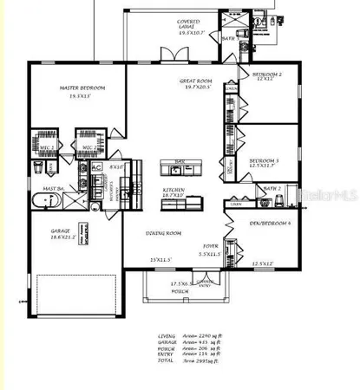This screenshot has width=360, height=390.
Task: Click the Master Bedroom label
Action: pos(82,88)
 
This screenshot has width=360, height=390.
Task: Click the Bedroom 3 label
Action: pos(264,160)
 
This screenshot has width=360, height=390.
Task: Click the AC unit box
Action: pos(96,166)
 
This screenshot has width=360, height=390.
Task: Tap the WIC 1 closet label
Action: pos(49,148)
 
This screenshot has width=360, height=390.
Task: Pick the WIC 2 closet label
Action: pos(88,148)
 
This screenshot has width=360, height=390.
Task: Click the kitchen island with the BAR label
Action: pos(180,167)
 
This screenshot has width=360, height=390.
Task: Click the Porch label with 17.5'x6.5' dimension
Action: pos(180,287)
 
